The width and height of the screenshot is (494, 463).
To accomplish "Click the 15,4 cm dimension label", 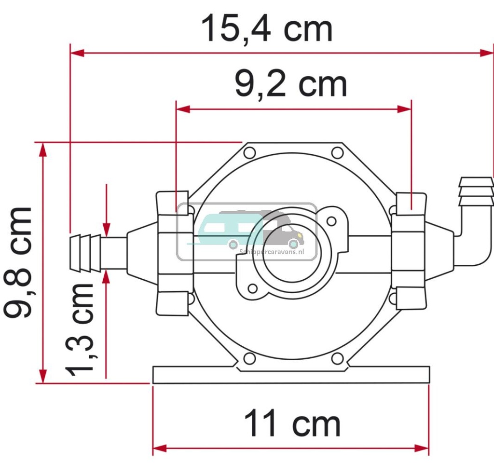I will click(x=267, y=28).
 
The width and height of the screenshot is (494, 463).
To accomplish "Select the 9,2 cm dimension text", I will click(x=291, y=85).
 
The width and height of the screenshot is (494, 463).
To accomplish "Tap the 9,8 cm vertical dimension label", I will click(x=18, y=263).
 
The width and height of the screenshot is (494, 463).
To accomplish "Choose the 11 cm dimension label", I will click(x=292, y=424).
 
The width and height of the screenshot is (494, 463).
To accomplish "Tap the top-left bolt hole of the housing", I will click(x=249, y=153).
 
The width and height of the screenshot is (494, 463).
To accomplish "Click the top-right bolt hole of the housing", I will click(x=337, y=153).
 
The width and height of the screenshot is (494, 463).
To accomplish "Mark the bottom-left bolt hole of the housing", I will click(x=249, y=359).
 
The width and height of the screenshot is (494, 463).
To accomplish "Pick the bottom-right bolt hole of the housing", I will click(x=338, y=359).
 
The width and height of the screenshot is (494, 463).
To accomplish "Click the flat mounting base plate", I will click(x=291, y=375).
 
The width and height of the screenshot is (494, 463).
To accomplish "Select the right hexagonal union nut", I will click(x=410, y=251).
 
